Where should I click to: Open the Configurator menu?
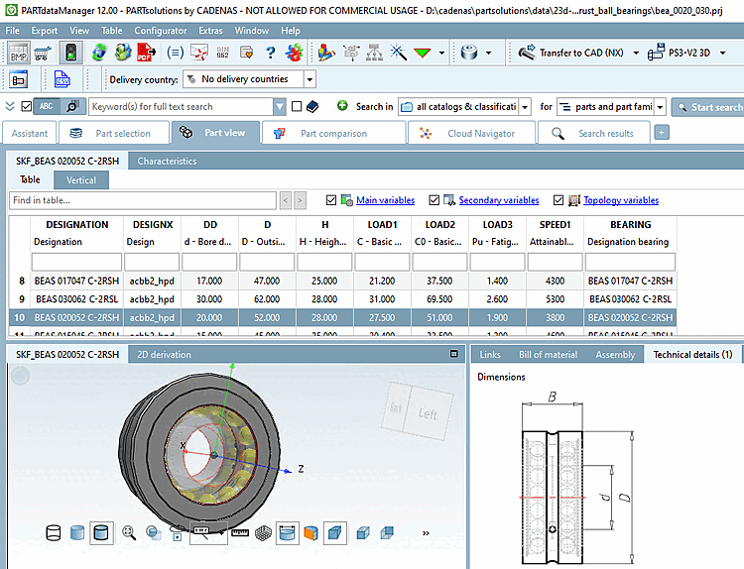(x=160, y=31)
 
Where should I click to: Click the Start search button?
(x=708, y=107)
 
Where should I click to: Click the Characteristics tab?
(x=167, y=161)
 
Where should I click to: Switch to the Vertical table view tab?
(x=81, y=180)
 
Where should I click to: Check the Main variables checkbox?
(x=331, y=200)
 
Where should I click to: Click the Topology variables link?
(x=620, y=200)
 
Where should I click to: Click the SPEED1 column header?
(x=548, y=225)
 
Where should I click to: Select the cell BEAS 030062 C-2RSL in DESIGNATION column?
(x=76, y=298)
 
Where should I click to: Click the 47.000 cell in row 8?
(x=267, y=281)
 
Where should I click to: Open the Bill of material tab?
(x=547, y=354)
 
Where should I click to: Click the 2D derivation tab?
(x=164, y=354)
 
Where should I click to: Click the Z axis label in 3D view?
(x=300, y=467)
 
